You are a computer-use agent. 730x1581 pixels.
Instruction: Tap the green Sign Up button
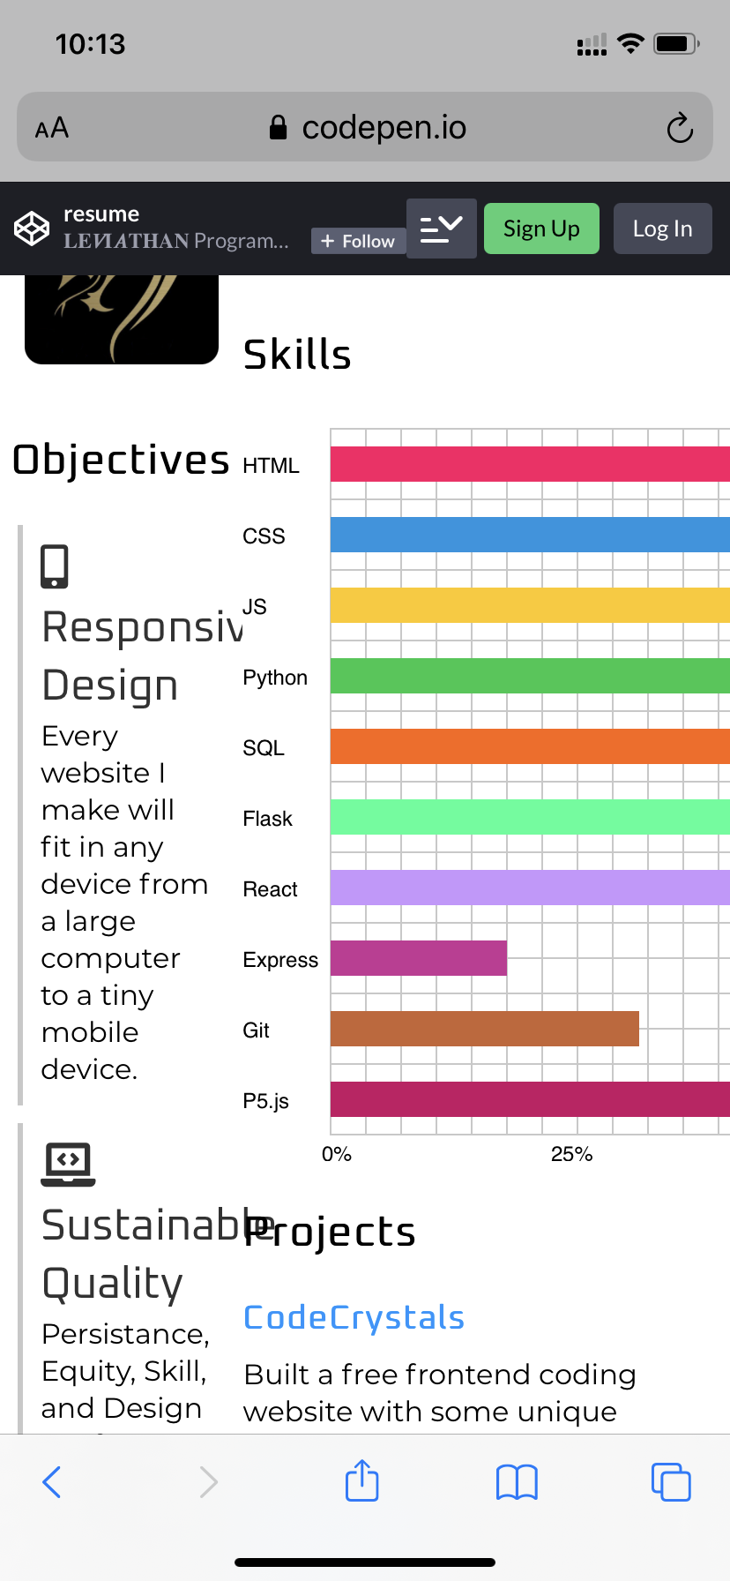click(541, 229)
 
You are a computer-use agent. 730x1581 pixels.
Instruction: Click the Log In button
click(662, 229)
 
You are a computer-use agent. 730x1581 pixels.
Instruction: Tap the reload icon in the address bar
click(680, 128)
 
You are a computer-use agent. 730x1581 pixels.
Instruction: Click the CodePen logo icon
click(32, 229)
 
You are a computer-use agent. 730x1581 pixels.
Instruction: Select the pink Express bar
click(419, 958)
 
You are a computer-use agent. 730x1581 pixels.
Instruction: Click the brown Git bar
click(484, 1029)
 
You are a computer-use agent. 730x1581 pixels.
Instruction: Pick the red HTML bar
click(529, 464)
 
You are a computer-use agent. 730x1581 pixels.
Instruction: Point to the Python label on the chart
click(275, 678)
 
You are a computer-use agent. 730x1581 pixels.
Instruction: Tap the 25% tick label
click(571, 1154)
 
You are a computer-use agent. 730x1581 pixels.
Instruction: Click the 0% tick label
click(337, 1154)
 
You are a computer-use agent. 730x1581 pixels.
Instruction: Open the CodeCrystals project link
click(354, 1317)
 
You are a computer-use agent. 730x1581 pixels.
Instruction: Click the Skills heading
click(297, 355)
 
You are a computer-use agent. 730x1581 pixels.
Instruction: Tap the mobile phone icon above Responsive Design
click(55, 566)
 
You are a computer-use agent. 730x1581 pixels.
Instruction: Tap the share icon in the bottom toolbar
click(361, 1481)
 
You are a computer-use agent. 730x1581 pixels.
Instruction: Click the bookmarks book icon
click(517, 1482)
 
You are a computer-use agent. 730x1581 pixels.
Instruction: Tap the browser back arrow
click(52, 1482)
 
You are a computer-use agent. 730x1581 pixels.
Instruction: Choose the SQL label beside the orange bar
click(264, 748)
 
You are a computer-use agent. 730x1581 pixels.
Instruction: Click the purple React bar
click(529, 888)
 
